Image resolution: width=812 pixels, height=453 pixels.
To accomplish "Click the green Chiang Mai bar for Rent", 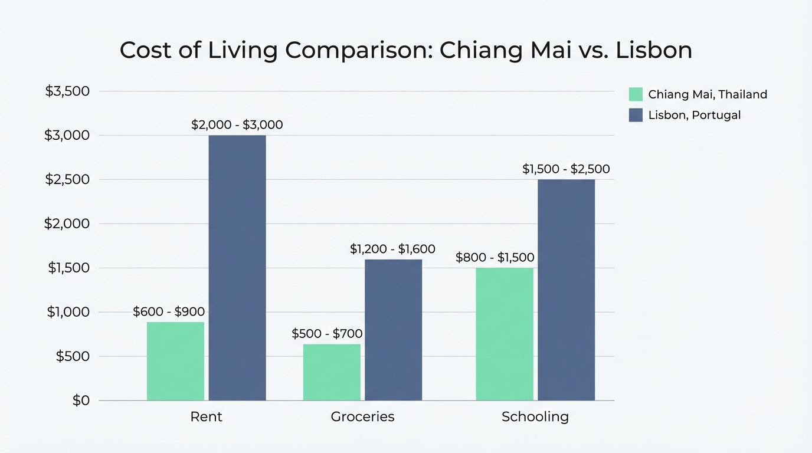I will pos(175,361).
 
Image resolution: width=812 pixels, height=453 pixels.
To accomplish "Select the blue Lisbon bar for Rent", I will pos(237,268).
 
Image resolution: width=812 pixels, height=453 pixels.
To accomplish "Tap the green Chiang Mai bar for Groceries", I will pos(332,372).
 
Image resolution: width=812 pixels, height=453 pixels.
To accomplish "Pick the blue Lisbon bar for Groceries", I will pos(393,330).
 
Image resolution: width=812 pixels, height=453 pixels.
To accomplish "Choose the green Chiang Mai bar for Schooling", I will pos(505,334).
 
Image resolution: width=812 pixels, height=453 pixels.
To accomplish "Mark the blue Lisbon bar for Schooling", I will pos(566,290).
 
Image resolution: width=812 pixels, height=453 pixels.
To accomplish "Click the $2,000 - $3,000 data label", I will pos(237,125).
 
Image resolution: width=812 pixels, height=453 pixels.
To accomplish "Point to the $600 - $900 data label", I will pos(169,311).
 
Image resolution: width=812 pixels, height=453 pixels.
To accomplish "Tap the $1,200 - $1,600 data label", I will pos(392,249).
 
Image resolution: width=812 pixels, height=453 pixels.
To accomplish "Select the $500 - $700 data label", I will pos(327,334).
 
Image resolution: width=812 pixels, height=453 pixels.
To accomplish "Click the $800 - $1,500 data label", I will pos(495,258).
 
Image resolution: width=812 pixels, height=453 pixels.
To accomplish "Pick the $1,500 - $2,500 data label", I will pos(566,169).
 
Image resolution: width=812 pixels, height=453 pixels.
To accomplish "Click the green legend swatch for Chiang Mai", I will pos(636,94).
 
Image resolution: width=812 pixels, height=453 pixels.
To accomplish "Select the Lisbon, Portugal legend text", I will pos(694,115).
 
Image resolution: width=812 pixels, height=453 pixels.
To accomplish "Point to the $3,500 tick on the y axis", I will pos(67,91).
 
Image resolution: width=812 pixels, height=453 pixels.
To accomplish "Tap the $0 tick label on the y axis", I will pos(81,401).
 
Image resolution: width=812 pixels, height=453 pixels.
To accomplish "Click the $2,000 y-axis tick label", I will pos(67,224).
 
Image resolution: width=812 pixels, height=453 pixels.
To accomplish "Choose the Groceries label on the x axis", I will pos(362,417).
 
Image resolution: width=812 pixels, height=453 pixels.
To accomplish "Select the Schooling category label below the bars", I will pos(535,417).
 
